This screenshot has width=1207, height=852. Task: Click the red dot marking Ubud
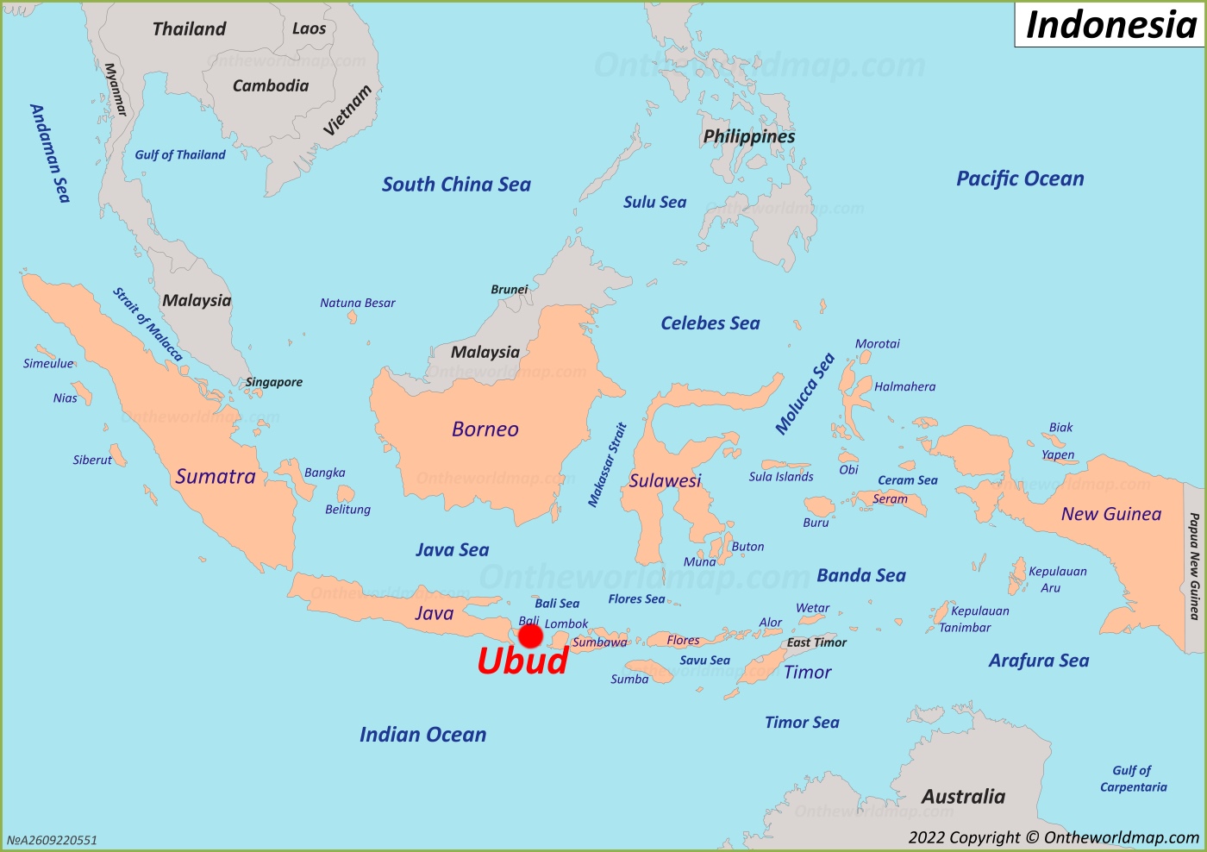pos(530,636)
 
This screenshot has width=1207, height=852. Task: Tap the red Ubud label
pos(522,661)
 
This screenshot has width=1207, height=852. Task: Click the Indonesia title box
pos(1110,24)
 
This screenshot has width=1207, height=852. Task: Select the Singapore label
pos(274,382)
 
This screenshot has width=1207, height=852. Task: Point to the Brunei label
pos(509,290)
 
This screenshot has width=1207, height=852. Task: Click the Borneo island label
pos(485,429)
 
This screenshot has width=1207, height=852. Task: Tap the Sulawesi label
pos(665,481)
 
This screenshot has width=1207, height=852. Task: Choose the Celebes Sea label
pos(710,323)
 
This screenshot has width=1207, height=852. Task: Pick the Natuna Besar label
pos(358,304)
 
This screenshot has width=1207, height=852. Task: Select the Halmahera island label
pos(904,387)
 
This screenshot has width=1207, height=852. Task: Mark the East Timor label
pos(816,642)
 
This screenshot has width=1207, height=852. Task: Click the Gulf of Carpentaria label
pos(1133,779)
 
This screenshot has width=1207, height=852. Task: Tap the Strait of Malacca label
pos(147,324)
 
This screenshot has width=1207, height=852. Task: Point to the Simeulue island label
pos(48,364)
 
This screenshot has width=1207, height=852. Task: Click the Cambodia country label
pos(271,86)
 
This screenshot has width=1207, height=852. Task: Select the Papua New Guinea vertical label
pos(1194,566)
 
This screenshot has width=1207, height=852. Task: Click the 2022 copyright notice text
pos(1054,837)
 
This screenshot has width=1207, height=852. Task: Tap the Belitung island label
pos(347,510)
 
